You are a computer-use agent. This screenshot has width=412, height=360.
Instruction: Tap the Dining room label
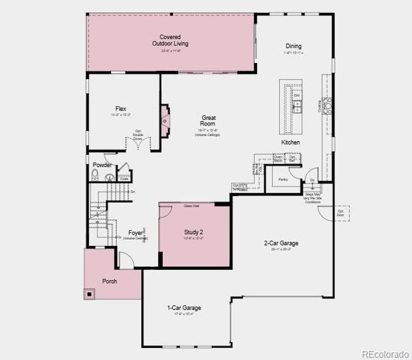294,46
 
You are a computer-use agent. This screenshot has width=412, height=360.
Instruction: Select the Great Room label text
208,121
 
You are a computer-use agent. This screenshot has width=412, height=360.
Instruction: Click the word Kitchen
291,142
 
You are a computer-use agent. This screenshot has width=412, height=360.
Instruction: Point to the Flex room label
121,109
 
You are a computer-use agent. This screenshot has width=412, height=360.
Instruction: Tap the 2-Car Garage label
281,243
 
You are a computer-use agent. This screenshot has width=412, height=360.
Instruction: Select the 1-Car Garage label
184,308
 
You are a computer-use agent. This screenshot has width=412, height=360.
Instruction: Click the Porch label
110,281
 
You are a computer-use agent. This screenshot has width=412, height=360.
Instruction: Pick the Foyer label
136,233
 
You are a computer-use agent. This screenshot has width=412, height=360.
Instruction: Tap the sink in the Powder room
109,177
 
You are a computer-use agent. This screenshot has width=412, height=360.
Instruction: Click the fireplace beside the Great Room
165,119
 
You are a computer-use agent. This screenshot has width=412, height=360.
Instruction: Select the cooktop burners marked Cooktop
328,106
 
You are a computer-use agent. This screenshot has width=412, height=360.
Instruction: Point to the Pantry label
283,179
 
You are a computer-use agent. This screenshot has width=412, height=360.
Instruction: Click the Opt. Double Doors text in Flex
138,136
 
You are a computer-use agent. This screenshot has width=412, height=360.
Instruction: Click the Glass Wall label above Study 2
192,206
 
